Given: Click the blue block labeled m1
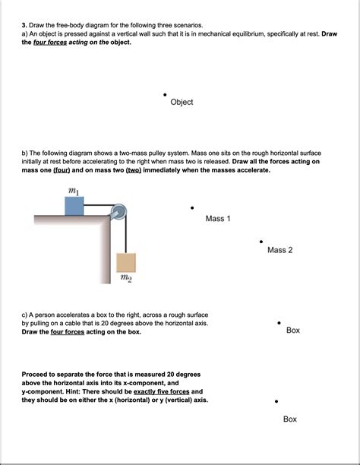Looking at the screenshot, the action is (x=74, y=206).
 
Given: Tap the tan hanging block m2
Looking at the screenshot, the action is (x=126, y=262).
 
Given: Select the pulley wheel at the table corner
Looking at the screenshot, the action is (x=119, y=212).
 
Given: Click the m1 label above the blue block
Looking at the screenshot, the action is (x=74, y=191).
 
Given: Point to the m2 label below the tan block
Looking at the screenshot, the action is (x=126, y=278).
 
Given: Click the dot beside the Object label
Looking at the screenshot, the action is (x=165, y=95).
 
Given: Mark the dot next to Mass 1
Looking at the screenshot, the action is (x=192, y=207).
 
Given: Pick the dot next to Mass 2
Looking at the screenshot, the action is (x=261, y=242).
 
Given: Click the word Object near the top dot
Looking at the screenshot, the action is (x=182, y=102).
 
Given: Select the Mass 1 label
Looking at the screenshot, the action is (x=218, y=219).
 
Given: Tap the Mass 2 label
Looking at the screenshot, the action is (x=280, y=250).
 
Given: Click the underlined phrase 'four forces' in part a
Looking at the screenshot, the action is (x=50, y=42).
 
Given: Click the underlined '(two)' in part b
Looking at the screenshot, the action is (x=134, y=170).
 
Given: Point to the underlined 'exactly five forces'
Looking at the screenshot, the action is (x=161, y=391).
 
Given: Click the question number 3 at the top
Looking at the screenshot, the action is (x=24, y=25).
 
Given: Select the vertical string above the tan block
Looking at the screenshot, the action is (x=126, y=236).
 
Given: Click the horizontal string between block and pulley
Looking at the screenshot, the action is (x=98, y=205).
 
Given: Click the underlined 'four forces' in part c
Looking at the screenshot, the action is (x=68, y=332).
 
